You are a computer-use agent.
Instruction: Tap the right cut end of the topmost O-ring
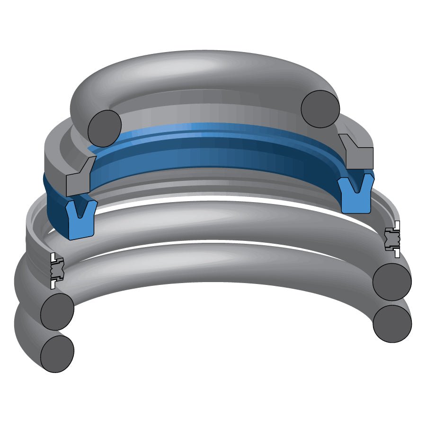tap(320, 108)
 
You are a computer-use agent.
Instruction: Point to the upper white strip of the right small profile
tap(397, 225)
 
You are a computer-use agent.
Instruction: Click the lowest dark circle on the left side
tap(57, 354)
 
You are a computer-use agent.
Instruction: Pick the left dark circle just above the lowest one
tap(57, 311)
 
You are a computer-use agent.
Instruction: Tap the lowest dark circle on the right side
tap(392, 324)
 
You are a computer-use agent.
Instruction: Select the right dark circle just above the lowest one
tap(392, 282)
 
